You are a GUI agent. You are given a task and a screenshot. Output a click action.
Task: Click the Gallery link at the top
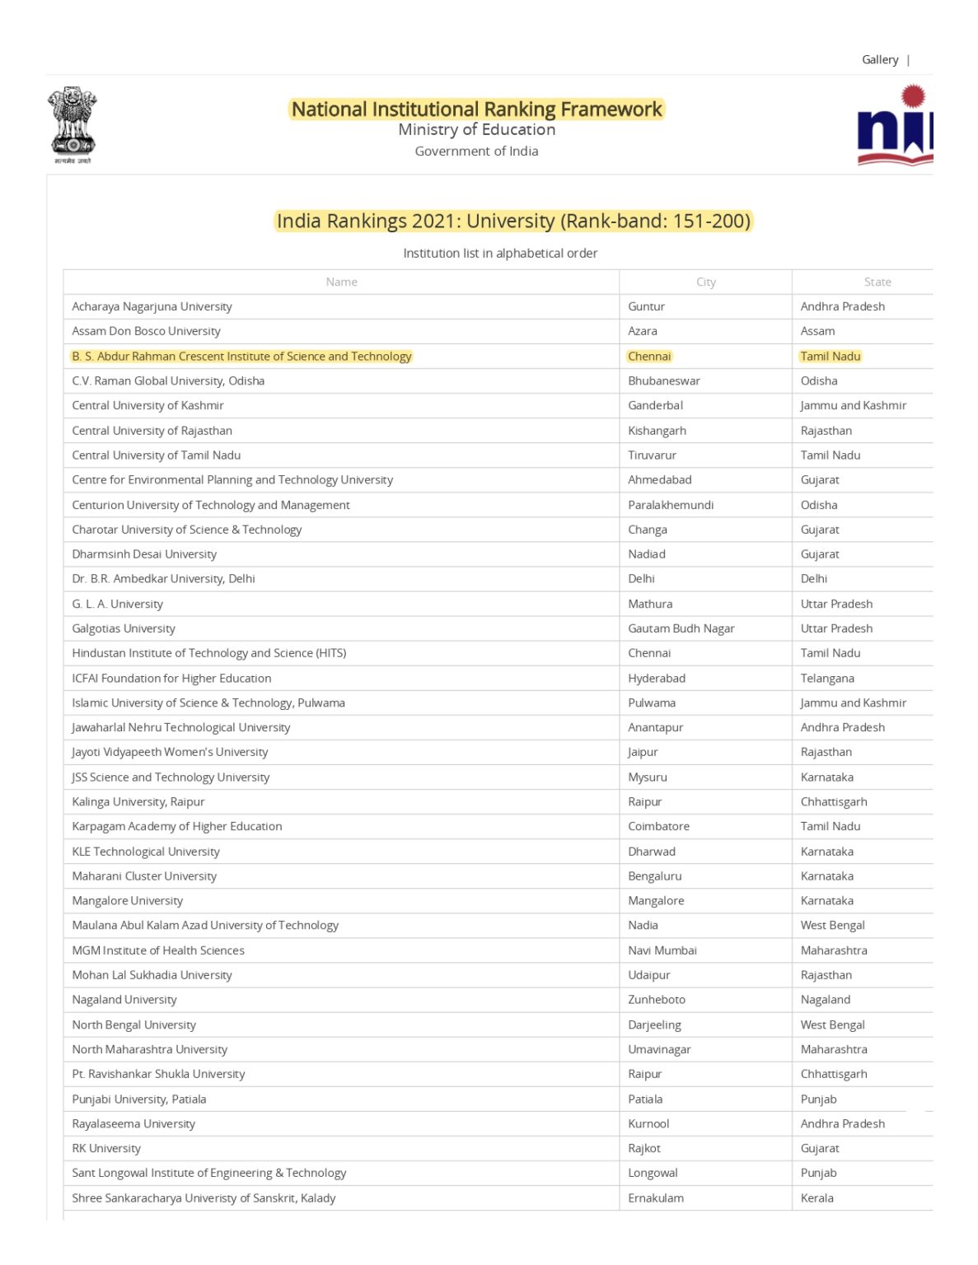pos(879,59)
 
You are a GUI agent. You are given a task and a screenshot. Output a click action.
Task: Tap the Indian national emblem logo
pos(73,124)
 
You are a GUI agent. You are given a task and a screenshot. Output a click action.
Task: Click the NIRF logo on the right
pos(895,126)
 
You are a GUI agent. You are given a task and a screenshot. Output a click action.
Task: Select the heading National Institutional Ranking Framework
pos(476,109)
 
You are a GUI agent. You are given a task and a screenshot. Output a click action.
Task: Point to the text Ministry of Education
pos(476,129)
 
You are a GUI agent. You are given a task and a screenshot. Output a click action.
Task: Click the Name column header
pos(341,282)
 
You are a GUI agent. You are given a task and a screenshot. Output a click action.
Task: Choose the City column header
pos(705,282)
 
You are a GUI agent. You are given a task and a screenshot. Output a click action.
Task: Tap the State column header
pos(877,282)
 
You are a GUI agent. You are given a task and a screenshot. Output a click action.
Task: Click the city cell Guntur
pos(646,306)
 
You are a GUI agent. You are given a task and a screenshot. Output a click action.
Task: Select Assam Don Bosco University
pos(146,331)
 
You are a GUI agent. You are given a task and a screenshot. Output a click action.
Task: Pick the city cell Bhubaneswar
pos(664,380)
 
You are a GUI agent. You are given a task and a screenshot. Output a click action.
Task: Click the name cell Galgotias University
pos(124,628)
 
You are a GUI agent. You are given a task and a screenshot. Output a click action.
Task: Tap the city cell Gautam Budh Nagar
pos(681,628)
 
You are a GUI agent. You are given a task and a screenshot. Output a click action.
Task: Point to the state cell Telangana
pos(827,679)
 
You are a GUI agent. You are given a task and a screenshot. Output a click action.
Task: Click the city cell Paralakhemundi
pos(671,505)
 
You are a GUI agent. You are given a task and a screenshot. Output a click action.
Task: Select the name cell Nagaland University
pos(124,1000)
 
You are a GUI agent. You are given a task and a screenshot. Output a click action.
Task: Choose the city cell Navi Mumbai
pos(662,950)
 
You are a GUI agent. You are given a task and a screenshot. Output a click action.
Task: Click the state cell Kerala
pos(817,1198)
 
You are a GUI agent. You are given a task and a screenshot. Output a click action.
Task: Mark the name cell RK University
pos(106,1149)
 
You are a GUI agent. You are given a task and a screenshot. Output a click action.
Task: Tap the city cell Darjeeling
pos(654,1025)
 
